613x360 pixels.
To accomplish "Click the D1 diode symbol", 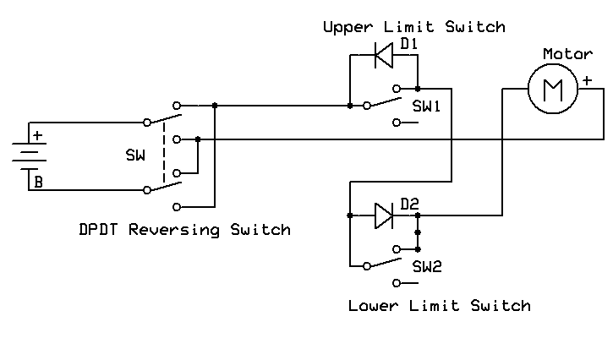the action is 384,55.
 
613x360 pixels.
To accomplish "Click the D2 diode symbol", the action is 384,215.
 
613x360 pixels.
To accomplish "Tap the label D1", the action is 409,44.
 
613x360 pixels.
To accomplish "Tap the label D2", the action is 409,204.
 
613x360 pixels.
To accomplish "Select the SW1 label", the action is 426,106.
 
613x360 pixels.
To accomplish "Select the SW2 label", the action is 427,266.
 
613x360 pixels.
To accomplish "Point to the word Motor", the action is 567,53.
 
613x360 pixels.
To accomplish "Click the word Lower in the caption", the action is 373,305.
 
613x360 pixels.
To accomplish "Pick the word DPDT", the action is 98,229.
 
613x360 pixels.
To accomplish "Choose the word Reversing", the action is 174,230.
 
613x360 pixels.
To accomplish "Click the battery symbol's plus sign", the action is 37,136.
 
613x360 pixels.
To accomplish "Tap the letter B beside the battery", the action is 38,183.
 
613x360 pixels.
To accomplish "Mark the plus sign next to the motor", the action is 587,80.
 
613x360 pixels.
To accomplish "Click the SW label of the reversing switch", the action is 135,155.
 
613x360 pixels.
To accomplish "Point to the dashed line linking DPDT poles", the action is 164,152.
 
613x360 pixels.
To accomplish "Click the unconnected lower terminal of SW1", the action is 397,123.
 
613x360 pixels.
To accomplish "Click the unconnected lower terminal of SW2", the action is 397,283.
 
